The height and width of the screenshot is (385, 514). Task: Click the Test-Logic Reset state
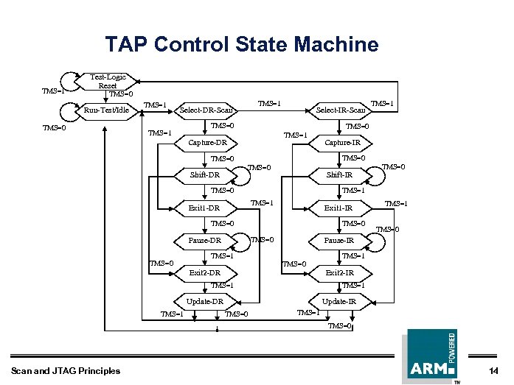(108, 81)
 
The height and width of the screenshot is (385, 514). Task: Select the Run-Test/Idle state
(106, 110)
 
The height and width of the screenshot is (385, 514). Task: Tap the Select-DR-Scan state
(206, 110)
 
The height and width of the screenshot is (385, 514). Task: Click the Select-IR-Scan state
(340, 110)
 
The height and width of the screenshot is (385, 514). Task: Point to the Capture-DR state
(206, 142)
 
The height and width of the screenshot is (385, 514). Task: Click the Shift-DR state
(204, 175)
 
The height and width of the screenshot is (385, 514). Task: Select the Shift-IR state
(340, 175)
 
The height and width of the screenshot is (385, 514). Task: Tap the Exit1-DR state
(204, 208)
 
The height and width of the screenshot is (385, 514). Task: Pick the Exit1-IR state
(340, 208)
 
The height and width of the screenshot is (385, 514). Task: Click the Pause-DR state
(204, 241)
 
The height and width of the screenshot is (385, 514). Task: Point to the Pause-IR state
(339, 241)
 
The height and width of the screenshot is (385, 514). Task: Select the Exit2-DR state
(204, 273)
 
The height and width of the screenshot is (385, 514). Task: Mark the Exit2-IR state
(340, 273)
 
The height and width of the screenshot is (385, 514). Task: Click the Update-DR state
(204, 302)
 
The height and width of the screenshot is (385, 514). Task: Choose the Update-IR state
(339, 302)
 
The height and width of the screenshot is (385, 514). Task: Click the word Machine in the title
(336, 44)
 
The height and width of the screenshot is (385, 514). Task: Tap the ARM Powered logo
(430, 356)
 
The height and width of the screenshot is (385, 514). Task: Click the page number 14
(493, 370)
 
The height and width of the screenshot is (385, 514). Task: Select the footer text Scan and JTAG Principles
(66, 370)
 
